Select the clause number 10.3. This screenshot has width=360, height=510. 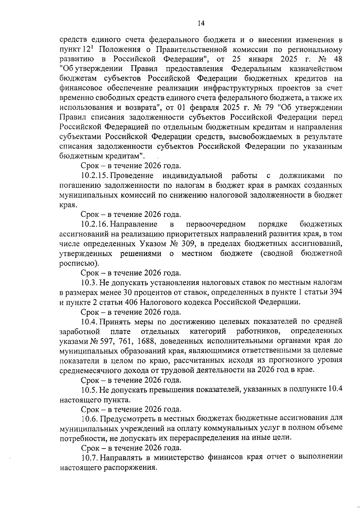[89, 283]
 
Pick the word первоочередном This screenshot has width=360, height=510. [216, 224]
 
